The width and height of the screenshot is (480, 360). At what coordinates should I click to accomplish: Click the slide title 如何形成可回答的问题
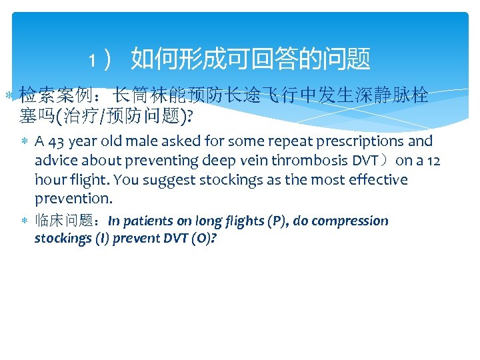pos(250,59)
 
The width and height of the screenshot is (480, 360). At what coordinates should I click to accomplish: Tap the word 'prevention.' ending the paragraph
pos(73,199)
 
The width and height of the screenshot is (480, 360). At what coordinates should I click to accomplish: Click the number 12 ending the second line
pos(434,161)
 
